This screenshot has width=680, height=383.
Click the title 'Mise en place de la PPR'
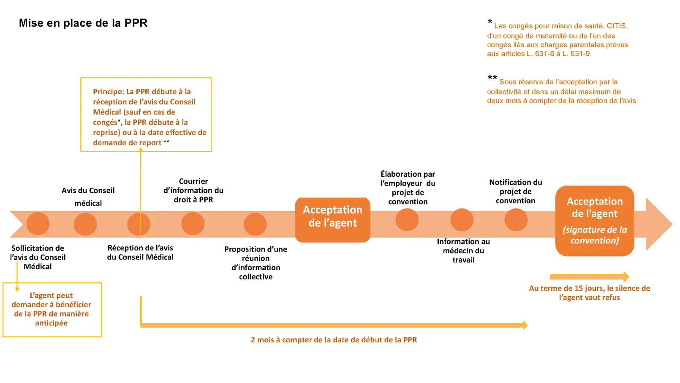click(x=83, y=23)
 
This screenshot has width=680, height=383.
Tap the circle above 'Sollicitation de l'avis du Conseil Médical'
click(x=38, y=224)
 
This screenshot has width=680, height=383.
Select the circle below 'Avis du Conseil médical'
click(x=85, y=224)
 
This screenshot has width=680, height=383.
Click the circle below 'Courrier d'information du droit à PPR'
click(x=193, y=224)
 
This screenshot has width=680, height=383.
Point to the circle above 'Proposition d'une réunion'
click(x=255, y=224)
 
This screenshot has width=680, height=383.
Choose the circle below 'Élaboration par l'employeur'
click(x=407, y=219)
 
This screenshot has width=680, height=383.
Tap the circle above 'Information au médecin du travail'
click(x=462, y=220)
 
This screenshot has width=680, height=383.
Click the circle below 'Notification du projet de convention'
click(x=516, y=220)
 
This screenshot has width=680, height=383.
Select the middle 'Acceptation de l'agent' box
click(x=333, y=220)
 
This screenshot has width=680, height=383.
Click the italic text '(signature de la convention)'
click(x=595, y=235)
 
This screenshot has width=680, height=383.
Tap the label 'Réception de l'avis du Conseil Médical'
click(x=140, y=252)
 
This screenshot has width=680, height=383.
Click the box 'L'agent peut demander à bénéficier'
click(x=52, y=309)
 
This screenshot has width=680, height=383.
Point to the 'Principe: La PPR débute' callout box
click(x=146, y=115)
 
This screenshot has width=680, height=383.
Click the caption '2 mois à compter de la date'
click(x=334, y=340)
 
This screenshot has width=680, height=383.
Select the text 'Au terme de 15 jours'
click(x=589, y=293)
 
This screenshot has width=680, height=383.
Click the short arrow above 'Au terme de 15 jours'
click(x=589, y=277)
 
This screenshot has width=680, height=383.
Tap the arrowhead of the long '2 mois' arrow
click(x=525, y=325)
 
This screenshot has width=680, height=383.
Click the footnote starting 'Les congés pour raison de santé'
click(x=558, y=40)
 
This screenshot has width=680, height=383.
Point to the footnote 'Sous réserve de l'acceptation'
click(x=561, y=91)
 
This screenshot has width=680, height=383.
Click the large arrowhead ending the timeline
click(x=659, y=224)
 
